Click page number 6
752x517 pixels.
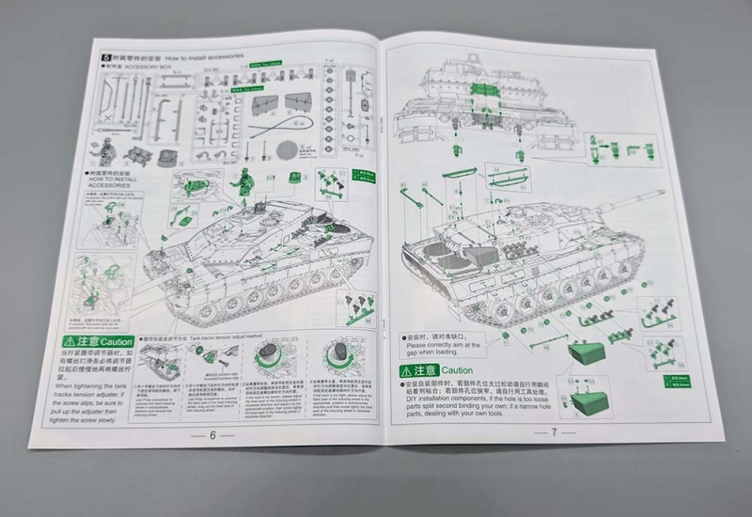213,435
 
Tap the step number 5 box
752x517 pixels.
107,56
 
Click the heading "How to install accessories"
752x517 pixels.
204,56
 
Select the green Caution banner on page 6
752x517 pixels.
98,341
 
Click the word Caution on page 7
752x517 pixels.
457,370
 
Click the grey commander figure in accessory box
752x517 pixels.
109,149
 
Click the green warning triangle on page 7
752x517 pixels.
409,370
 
